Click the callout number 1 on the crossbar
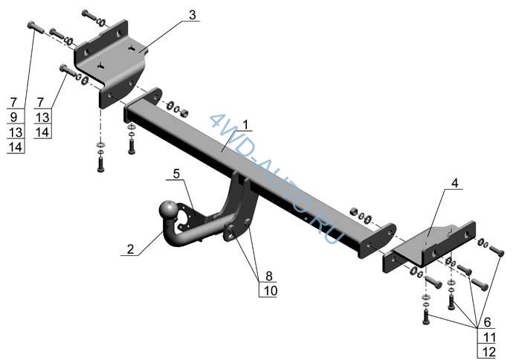click(x=245, y=125)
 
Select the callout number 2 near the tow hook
click(x=130, y=248)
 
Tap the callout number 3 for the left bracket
click(x=193, y=15)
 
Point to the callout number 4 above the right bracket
click(x=455, y=183)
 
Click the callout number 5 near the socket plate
click(x=176, y=173)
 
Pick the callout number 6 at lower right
click(x=487, y=321)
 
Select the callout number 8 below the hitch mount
click(x=268, y=275)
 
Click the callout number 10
click(x=271, y=290)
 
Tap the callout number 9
click(x=13, y=117)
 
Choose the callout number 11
click(x=489, y=338)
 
